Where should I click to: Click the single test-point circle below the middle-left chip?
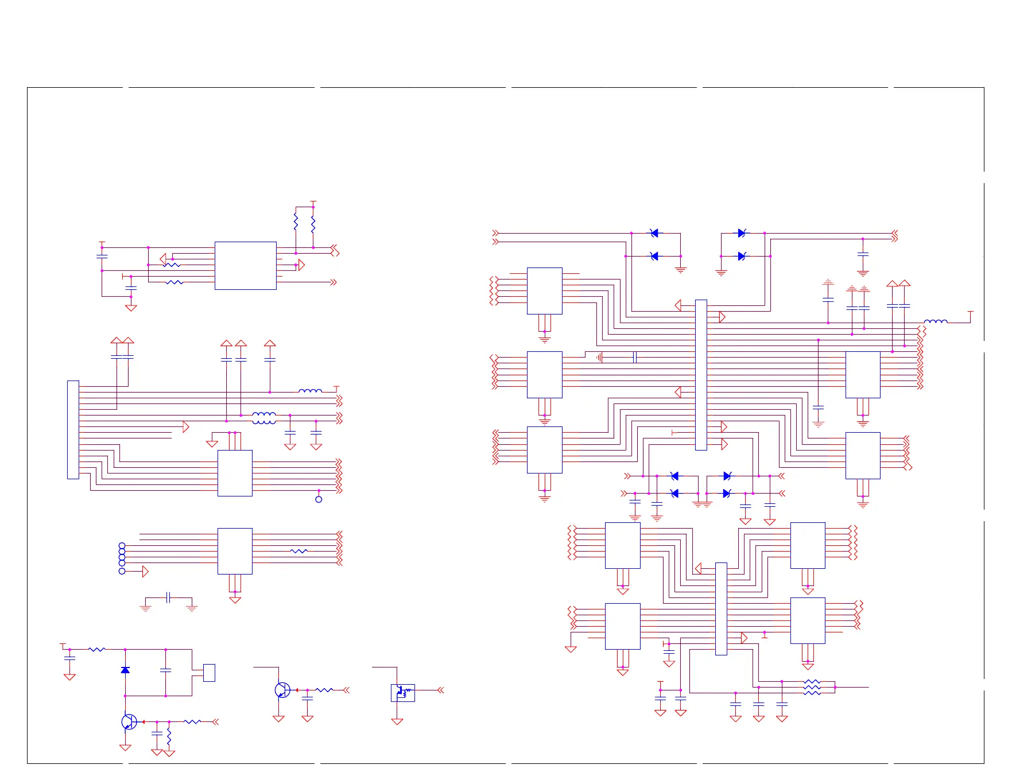point(319,499)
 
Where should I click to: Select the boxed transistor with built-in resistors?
point(402,693)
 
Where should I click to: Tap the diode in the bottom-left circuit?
point(125,670)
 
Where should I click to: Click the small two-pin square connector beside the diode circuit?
point(209,673)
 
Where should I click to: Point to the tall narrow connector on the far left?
point(73,429)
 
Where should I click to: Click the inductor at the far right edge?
point(936,321)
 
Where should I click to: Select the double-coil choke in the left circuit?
point(263,418)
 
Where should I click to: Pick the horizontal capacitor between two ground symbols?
point(168,597)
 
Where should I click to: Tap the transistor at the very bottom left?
point(129,722)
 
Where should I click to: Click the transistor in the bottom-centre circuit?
point(282,690)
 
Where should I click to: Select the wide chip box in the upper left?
point(245,265)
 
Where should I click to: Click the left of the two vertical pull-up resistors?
point(296,222)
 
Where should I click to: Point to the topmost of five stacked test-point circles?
point(122,545)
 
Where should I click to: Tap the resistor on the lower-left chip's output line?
point(298,551)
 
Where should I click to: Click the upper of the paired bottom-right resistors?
point(812,682)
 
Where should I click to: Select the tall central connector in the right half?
point(701,375)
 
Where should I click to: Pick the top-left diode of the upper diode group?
point(654,233)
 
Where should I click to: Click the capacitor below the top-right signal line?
point(862,254)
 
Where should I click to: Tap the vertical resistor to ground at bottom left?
point(169,737)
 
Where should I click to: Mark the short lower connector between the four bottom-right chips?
point(721,608)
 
